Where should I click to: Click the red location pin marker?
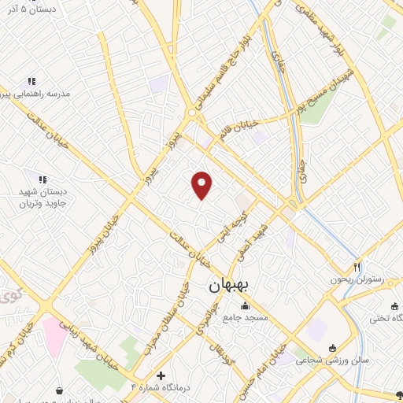(x=202, y=185)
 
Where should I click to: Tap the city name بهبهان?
(x=228, y=287)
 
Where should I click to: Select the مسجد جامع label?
(x=246, y=317)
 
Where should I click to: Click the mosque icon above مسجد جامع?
(x=246, y=306)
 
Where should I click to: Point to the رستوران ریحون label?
(x=358, y=279)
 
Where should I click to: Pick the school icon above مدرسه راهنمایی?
(x=31, y=81)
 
